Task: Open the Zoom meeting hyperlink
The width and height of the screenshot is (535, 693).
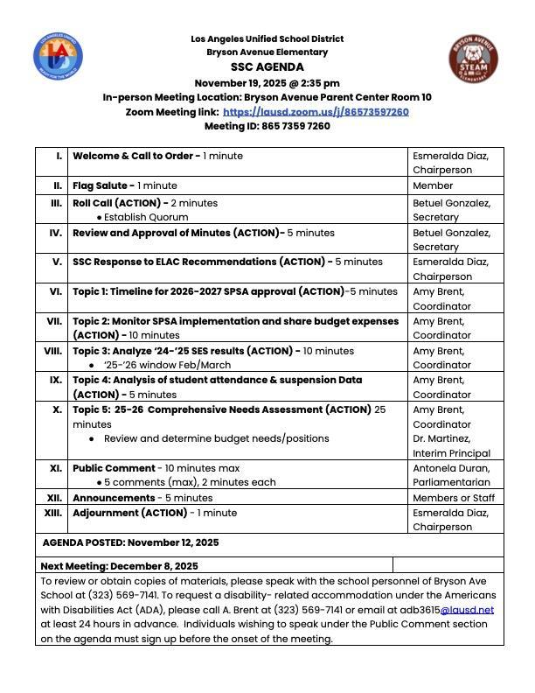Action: point(316,112)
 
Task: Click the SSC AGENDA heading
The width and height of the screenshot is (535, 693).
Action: point(267,67)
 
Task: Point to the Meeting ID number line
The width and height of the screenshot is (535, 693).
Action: point(267,126)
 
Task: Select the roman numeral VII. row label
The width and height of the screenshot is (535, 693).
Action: point(53,321)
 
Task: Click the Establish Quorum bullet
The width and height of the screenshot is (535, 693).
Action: point(142,217)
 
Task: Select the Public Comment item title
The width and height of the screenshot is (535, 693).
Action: point(114,468)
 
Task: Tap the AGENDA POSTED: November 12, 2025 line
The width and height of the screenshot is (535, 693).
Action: point(130,542)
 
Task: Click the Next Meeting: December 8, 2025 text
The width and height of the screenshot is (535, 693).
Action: point(119,566)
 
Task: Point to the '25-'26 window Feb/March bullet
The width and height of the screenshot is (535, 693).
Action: point(166,365)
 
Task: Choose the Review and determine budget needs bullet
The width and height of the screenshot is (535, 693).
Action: point(215,438)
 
